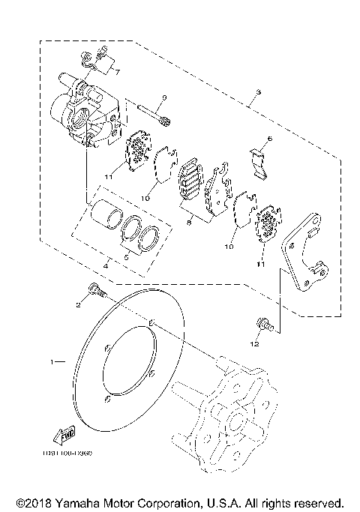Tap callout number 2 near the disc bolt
[x=76, y=304]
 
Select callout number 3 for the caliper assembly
[x=258, y=93]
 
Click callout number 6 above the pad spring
[x=270, y=139]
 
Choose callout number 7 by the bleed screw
[x=115, y=72]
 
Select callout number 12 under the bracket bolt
[x=256, y=343]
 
